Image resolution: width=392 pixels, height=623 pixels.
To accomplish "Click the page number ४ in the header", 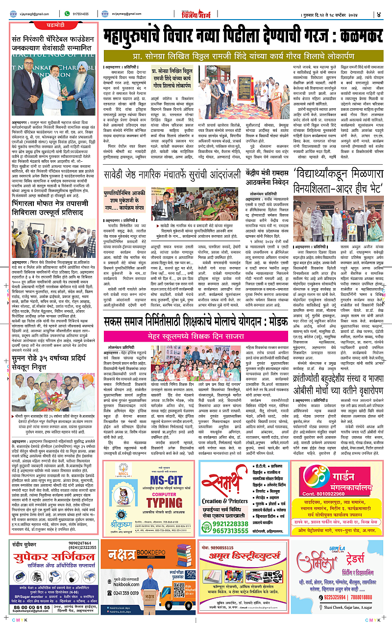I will click(x=378, y=14).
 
